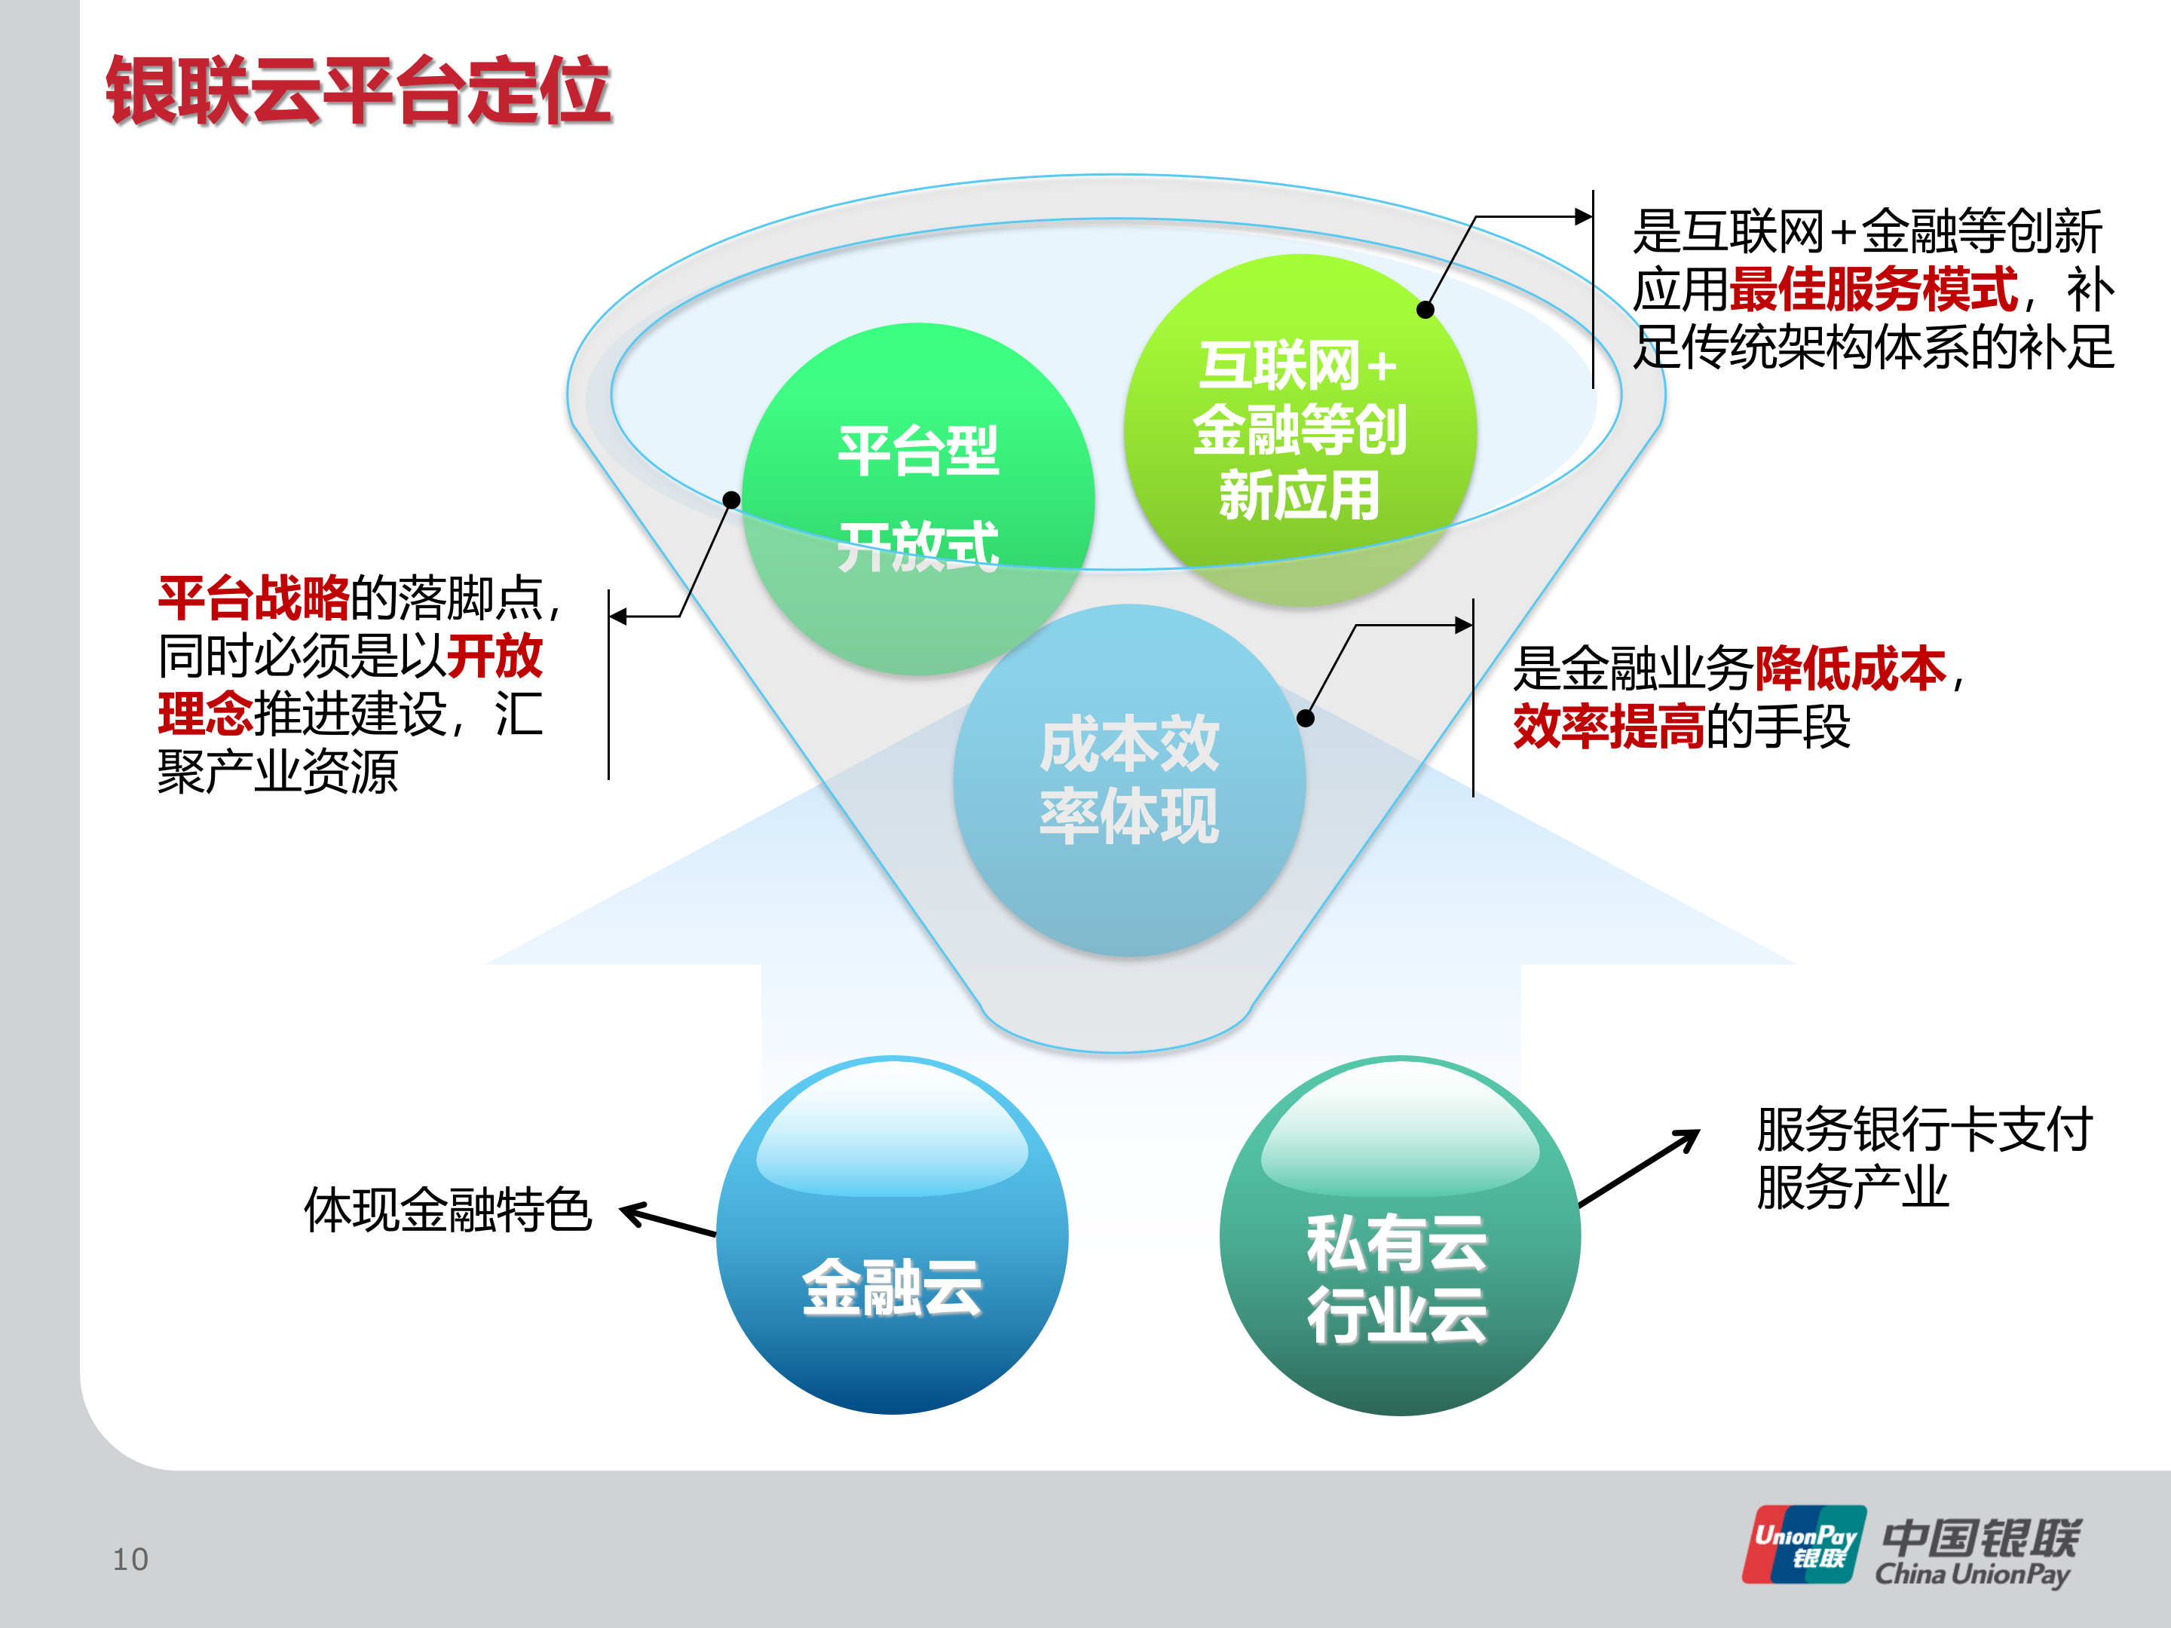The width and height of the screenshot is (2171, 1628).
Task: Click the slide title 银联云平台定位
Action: [358, 90]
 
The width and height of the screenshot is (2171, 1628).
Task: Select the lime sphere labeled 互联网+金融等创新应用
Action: [1300, 430]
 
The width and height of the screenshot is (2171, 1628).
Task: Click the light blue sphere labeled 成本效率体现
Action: [1128, 780]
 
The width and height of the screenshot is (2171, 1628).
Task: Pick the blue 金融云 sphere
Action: [893, 1237]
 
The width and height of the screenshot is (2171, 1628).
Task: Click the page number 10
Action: [130, 1559]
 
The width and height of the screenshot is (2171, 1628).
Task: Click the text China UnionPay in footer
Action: [1973, 1574]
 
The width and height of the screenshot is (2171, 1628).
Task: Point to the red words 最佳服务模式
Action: [1872, 289]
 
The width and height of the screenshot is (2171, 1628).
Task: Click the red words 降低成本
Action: [1849, 669]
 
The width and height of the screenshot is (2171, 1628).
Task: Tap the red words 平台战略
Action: [253, 598]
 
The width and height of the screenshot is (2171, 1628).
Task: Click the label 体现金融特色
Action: [448, 1209]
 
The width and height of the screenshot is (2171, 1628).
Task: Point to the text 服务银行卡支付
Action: [1924, 1128]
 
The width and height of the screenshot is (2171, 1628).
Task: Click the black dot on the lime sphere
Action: [1425, 310]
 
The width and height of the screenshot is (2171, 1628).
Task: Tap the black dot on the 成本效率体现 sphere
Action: [1306, 718]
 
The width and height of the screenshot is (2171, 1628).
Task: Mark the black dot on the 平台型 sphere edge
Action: [731, 500]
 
